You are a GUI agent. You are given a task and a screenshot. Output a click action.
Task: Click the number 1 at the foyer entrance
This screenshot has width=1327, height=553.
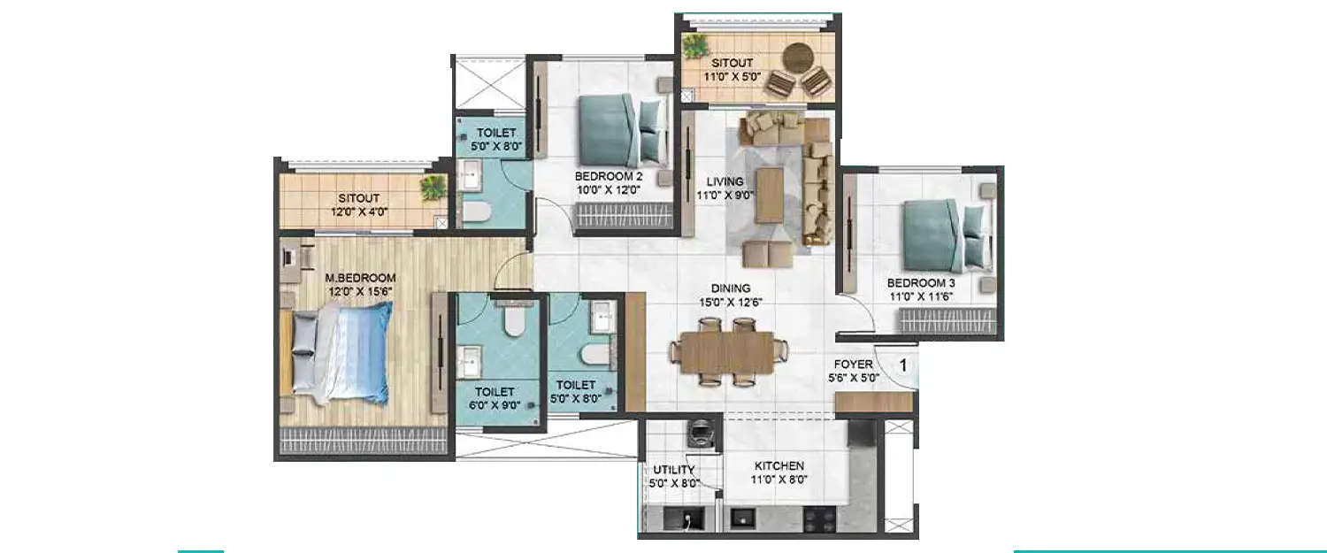click(904, 364)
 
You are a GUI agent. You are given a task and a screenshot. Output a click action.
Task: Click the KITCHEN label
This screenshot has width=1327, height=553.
click(779, 465)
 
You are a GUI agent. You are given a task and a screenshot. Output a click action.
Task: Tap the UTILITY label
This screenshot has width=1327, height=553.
click(674, 469)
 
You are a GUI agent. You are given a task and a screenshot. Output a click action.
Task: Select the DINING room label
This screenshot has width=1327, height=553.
click(730, 288)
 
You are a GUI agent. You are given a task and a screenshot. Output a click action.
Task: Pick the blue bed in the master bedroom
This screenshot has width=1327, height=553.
click(341, 352)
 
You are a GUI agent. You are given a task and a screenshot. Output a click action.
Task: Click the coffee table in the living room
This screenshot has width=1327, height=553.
click(769, 196)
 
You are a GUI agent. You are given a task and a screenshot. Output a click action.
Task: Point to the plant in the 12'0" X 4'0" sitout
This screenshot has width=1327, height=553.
click(433, 188)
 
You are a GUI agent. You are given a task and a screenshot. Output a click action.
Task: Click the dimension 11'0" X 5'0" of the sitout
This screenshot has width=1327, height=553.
click(733, 77)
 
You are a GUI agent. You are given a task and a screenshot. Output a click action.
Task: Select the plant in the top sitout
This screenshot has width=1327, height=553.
click(696, 45)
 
